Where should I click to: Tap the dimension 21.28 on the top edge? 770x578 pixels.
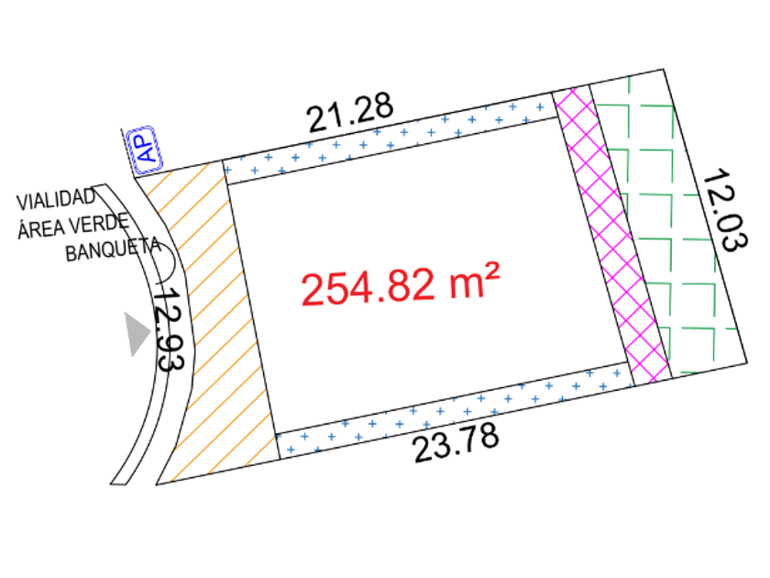point(349,112)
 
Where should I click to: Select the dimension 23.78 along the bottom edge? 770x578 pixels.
point(456,443)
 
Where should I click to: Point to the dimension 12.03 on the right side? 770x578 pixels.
point(725,210)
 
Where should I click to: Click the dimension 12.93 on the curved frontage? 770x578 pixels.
point(169,329)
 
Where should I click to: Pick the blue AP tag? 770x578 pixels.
point(145,150)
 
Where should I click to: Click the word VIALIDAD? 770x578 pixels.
point(56,199)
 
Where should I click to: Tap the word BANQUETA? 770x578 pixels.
point(113,250)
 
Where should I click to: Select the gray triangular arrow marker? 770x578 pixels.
point(137,334)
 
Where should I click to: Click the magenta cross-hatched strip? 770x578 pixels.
point(612,236)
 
